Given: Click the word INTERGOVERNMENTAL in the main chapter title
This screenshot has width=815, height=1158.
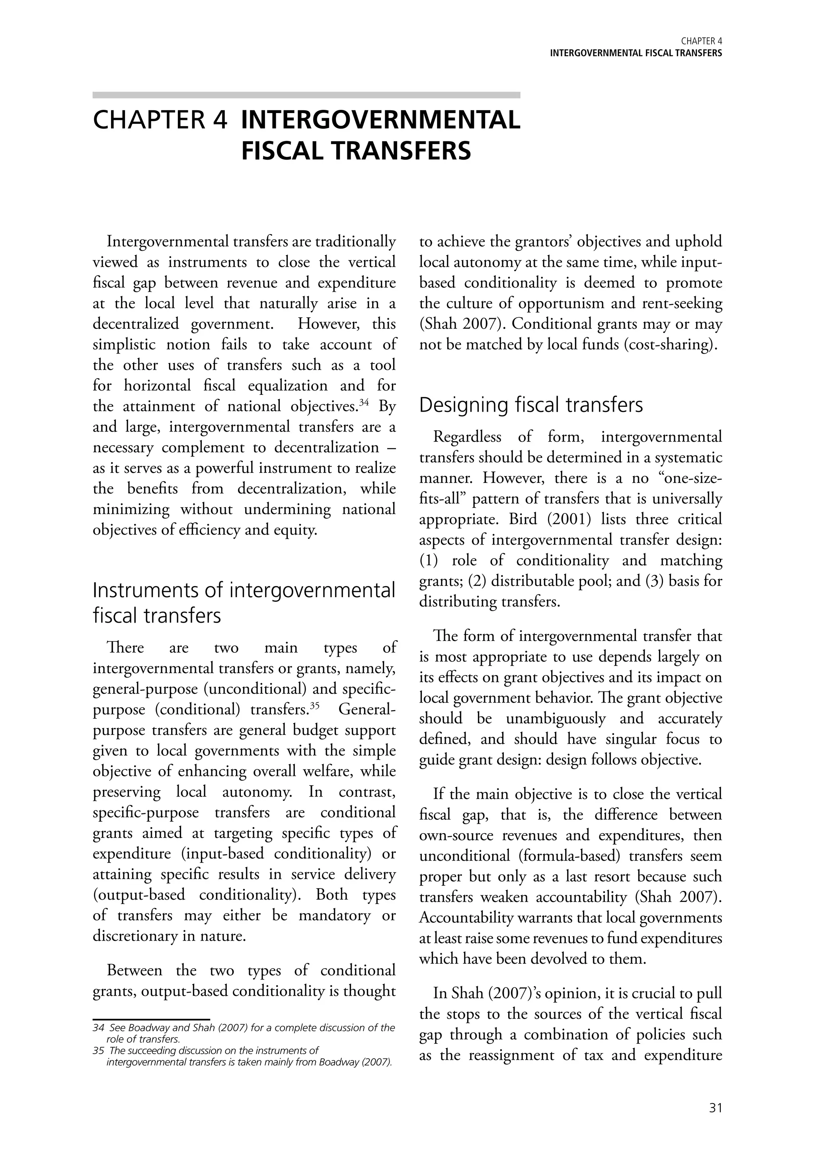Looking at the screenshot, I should click(381, 121).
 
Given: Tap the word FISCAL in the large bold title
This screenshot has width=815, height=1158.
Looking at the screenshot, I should click(292, 151).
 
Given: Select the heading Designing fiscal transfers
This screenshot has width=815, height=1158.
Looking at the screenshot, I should click(530, 405).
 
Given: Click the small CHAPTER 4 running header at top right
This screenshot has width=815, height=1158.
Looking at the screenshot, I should click(701, 41).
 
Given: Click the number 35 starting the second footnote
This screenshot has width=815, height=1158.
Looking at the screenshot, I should click(97, 1051).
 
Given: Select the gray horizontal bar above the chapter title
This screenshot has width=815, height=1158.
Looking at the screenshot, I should click(306, 95).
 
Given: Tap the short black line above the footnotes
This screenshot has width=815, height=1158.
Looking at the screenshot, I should click(151, 1019).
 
